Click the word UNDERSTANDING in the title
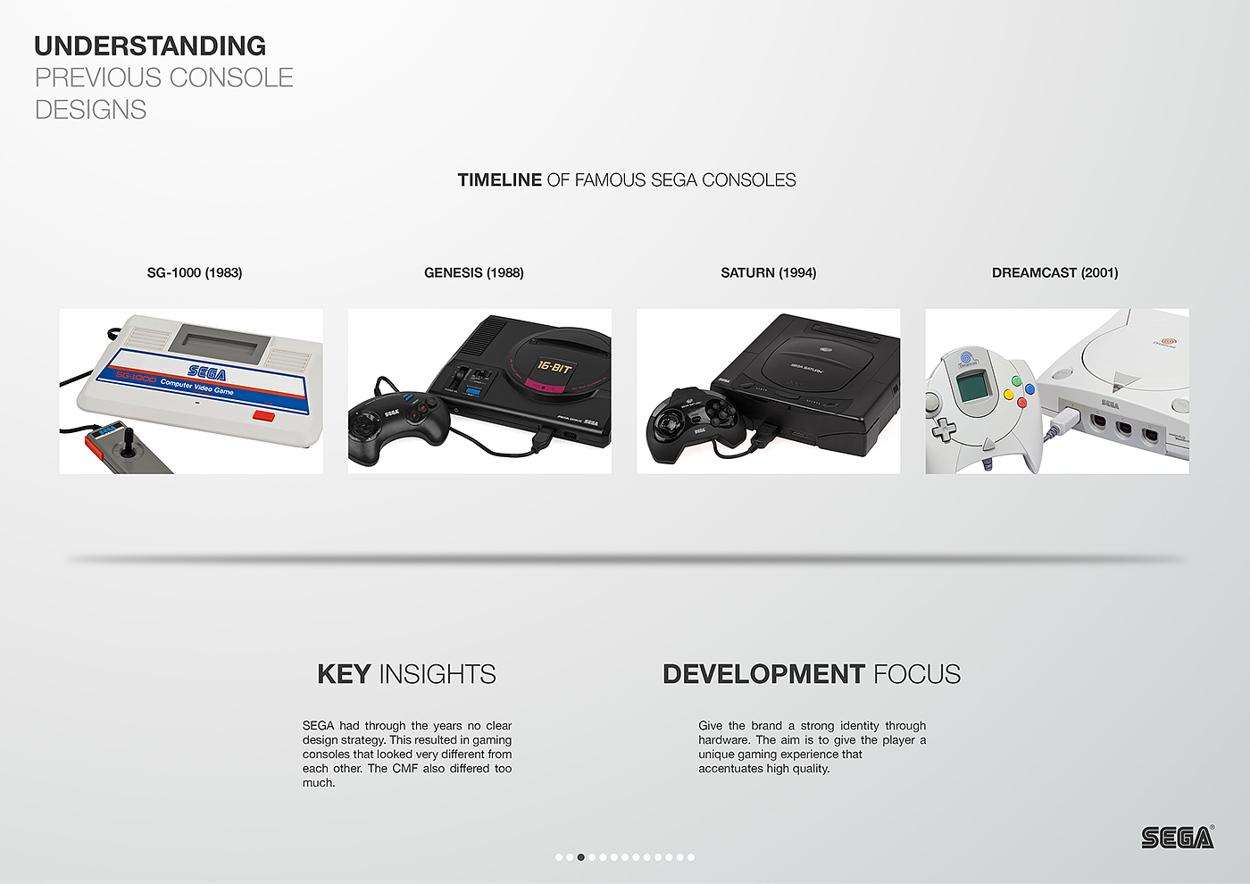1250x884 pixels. pyautogui.click(x=150, y=46)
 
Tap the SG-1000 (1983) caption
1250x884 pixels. pyautogui.click(x=195, y=273)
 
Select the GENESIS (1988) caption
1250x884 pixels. pyautogui.click(x=474, y=273)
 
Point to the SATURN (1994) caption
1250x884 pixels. pyautogui.click(x=769, y=273)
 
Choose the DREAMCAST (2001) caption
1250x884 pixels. pyautogui.click(x=1054, y=273)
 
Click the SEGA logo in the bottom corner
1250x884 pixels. pyautogui.click(x=1178, y=838)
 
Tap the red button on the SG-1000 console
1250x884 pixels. pyautogui.click(x=263, y=415)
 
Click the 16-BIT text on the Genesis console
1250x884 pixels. pyautogui.click(x=554, y=367)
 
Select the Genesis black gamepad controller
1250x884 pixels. pyautogui.click(x=397, y=427)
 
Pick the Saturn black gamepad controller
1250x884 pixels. pyautogui.click(x=695, y=423)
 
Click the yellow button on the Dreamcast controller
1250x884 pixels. pyautogui.click(x=1008, y=395)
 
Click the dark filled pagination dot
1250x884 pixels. pyautogui.click(x=581, y=857)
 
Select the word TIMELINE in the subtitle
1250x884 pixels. pyautogui.click(x=499, y=180)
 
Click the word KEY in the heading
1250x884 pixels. pyautogui.click(x=344, y=674)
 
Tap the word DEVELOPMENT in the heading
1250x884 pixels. pyautogui.click(x=764, y=674)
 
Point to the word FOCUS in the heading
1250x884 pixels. pyautogui.click(x=917, y=674)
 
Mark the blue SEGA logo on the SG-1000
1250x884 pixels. pyautogui.click(x=207, y=373)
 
